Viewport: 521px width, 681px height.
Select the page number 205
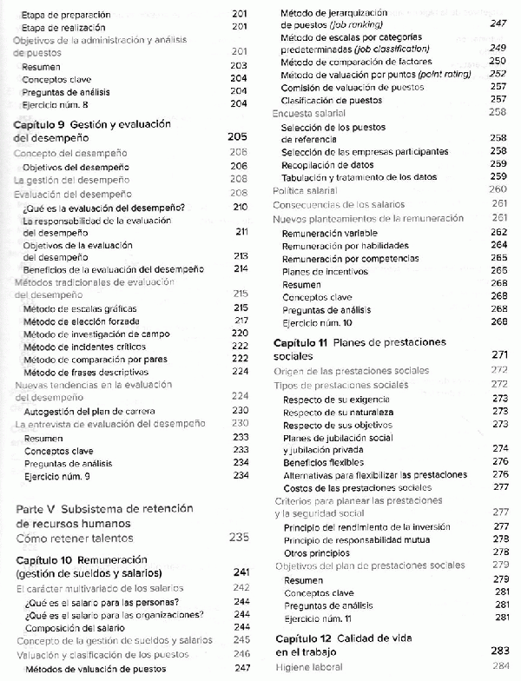(x=237, y=137)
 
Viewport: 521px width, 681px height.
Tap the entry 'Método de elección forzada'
(x=82, y=321)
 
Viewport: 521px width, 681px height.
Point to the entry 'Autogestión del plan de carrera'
(x=90, y=410)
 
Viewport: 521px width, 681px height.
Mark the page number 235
(x=239, y=539)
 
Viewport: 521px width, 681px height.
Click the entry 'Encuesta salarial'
(x=309, y=113)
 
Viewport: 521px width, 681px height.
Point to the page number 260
(x=498, y=189)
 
